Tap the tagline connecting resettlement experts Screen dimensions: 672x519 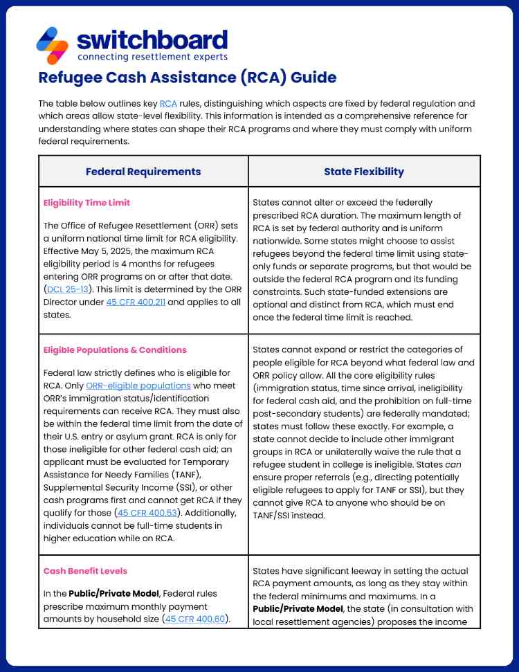[x=152, y=57]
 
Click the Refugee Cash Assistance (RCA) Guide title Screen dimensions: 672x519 [x=187, y=77]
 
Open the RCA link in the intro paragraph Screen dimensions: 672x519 [x=168, y=104]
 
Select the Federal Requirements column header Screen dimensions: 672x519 [x=143, y=172]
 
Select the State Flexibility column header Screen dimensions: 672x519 [x=363, y=172]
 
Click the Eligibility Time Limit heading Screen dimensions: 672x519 [x=86, y=203]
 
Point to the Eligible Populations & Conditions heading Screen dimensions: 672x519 [x=114, y=349]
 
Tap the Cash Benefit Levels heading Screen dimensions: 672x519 [x=85, y=571]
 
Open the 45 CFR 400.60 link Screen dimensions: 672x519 [x=196, y=619]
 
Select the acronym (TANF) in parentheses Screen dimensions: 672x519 [x=170, y=474]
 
